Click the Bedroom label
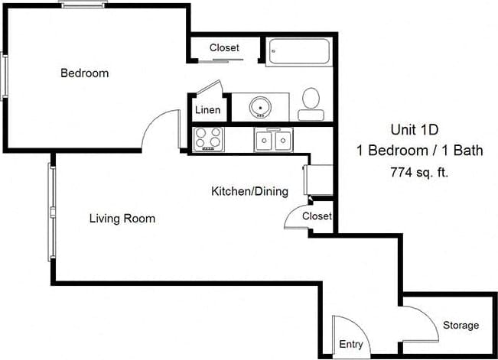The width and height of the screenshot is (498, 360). point(84,74)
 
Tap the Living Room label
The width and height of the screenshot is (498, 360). point(122,219)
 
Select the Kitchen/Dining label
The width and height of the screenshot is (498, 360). point(249,191)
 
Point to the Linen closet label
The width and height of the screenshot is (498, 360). point(207,110)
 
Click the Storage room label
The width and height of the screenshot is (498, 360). point(461,326)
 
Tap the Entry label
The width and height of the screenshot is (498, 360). point(351,345)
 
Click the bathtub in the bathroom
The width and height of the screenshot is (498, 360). point(299,52)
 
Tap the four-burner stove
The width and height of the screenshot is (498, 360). point(209,138)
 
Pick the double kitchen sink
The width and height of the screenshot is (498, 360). point(273,140)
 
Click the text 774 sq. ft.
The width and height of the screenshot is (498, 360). point(419,172)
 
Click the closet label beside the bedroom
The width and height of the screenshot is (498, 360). point(224,48)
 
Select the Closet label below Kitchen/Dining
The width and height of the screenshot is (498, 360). point(317,216)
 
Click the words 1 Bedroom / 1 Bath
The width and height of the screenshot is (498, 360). point(420,151)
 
